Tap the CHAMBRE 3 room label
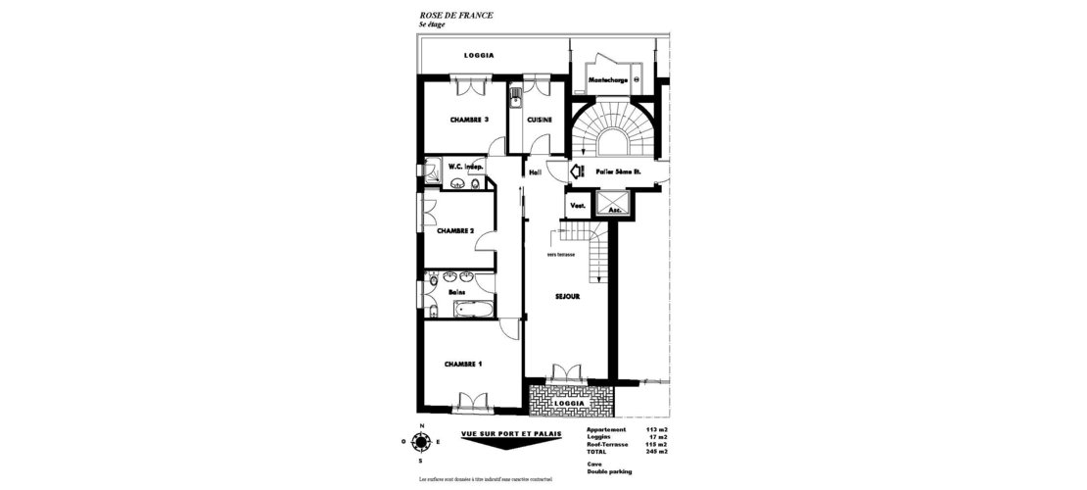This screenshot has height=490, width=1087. click(469, 120)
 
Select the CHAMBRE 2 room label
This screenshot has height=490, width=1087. click(455, 231)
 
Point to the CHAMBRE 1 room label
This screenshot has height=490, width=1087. click(463, 364)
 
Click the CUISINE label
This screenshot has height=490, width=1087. click(540, 120)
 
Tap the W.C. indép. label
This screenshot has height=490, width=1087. click(467, 167)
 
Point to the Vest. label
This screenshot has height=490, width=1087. click(578, 206)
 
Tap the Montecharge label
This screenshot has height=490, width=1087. click(608, 78)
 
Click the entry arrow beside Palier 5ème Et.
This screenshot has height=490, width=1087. click(578, 171)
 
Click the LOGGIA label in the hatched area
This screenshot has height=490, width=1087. click(569, 403)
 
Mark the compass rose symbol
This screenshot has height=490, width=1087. click(421, 442)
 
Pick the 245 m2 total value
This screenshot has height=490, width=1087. click(656, 452)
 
